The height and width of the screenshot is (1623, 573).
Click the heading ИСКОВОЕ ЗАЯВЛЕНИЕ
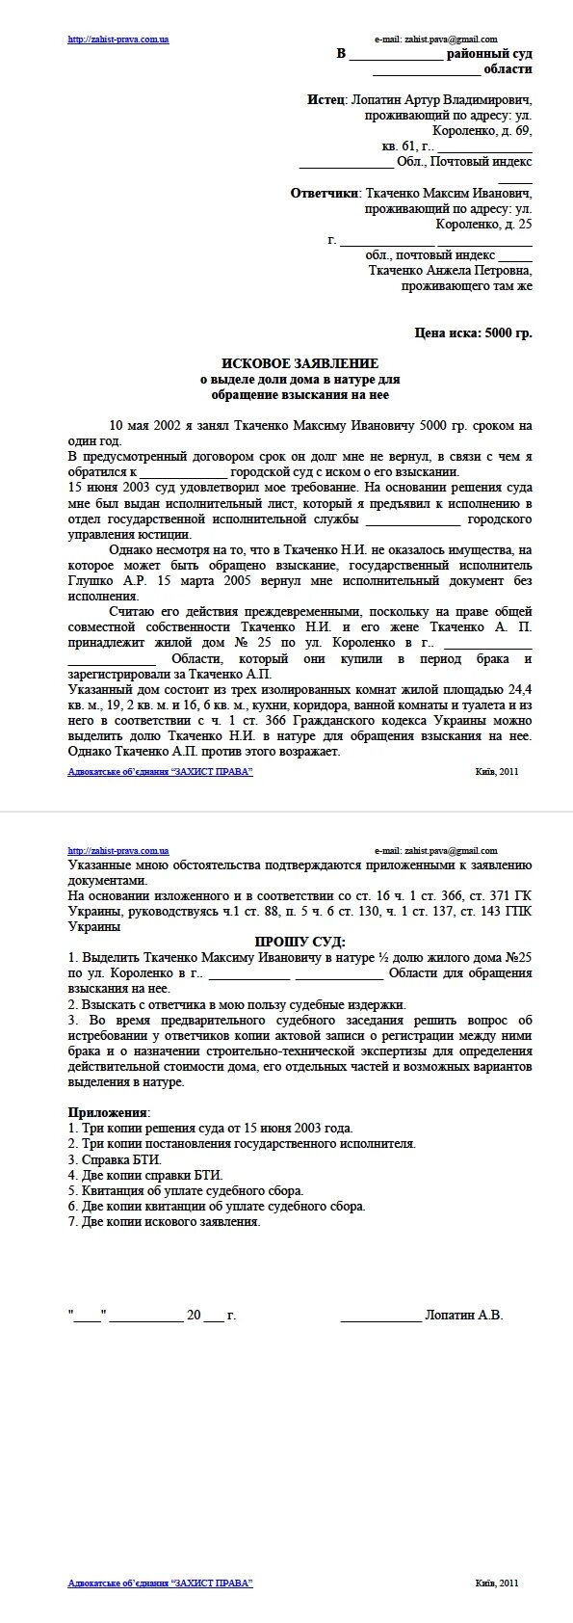tap(300, 363)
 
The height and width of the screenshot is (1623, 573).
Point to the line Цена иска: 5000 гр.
tap(473, 333)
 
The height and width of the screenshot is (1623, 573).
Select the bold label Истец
tap(326, 100)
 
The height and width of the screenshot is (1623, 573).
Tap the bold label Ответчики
tap(325, 193)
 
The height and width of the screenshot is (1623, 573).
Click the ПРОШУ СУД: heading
tap(300, 942)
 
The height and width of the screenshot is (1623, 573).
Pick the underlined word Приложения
tap(109, 1112)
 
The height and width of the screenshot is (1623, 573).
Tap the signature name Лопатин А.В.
tap(463, 1315)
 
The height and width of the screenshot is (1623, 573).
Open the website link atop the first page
tap(118, 40)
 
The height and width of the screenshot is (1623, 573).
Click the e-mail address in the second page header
tap(435, 851)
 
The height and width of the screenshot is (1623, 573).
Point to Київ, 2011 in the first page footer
tap(497, 771)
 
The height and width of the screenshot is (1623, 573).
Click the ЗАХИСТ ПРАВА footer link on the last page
tap(160, 1583)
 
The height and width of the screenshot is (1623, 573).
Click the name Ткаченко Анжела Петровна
tap(450, 271)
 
